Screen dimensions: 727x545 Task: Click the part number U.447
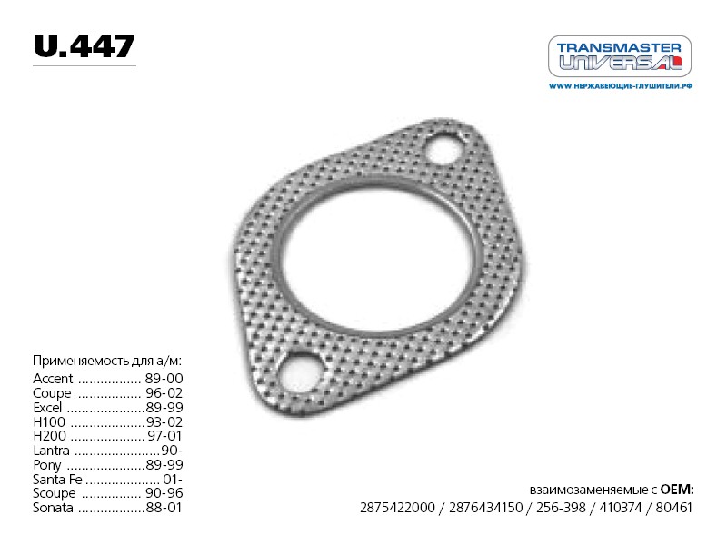(x=84, y=46)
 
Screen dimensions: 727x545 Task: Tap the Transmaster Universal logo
(x=620, y=56)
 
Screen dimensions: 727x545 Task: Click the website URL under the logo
(x=621, y=86)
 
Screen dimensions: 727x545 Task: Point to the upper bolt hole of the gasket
(x=444, y=148)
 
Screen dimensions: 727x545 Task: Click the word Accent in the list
(x=53, y=379)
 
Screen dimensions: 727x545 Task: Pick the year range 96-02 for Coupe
(x=164, y=393)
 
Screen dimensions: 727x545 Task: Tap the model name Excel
(x=47, y=407)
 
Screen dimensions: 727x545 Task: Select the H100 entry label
(x=49, y=422)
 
